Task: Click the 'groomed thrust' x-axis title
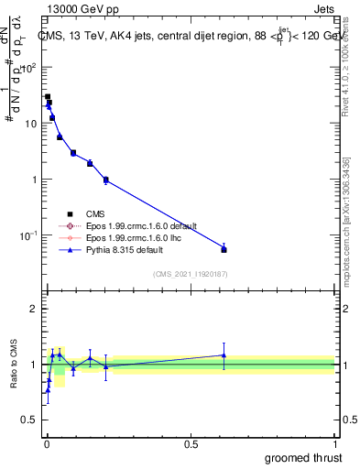click(303, 457)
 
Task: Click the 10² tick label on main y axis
click(29, 67)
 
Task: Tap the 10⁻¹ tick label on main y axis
click(28, 235)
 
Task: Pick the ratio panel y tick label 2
click(33, 309)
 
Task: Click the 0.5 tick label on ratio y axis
click(30, 420)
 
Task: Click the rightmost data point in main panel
click(224, 248)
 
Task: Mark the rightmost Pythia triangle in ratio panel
click(224, 355)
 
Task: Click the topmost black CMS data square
click(48, 96)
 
